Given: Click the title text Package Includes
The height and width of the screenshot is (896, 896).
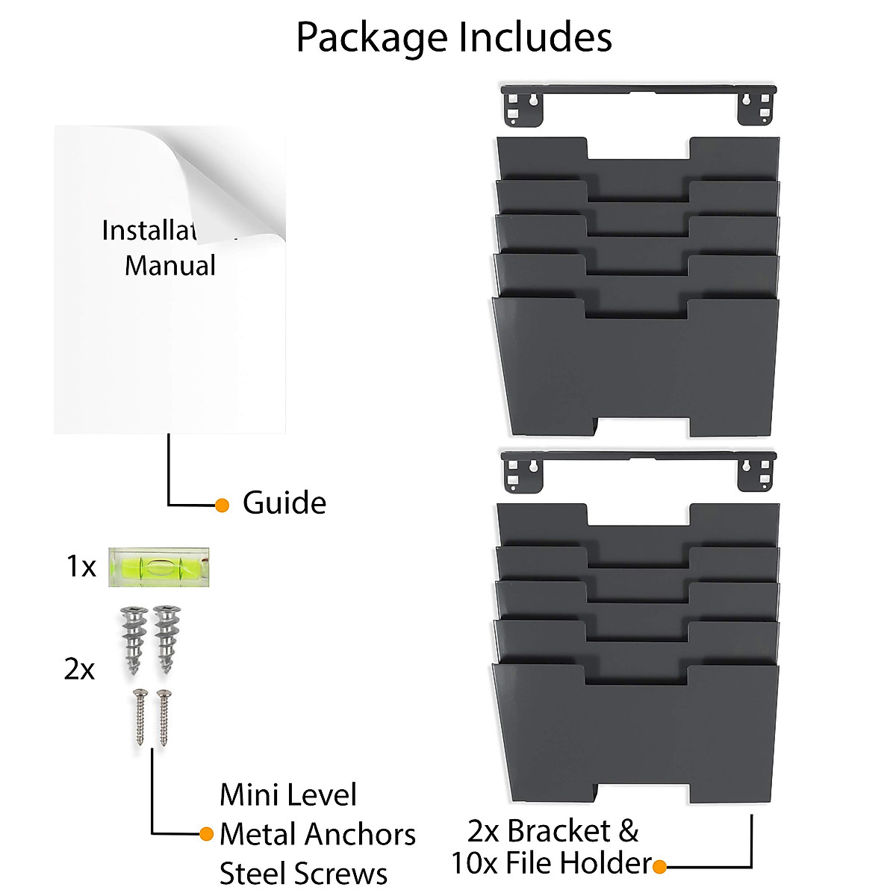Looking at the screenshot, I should [454, 37].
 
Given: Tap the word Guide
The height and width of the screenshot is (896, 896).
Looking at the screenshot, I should [284, 503].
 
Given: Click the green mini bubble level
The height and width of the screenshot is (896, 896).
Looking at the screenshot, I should [158, 567].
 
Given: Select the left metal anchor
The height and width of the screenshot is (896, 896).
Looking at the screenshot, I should [132, 639].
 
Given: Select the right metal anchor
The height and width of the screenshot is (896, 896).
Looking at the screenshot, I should [164, 639].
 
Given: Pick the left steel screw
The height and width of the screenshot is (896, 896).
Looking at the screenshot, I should [139, 717].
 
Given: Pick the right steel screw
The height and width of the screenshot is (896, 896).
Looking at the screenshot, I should [163, 717].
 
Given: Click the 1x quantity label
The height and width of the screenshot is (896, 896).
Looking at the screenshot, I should [81, 567].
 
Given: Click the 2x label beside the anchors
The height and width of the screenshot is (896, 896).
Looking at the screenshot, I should [79, 669].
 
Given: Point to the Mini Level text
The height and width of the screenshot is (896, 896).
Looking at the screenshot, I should [288, 795].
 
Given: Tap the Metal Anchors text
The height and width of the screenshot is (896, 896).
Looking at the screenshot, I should [317, 834].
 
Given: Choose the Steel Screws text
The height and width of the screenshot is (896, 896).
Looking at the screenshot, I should [303, 874].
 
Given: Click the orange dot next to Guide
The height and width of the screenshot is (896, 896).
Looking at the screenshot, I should [222, 505].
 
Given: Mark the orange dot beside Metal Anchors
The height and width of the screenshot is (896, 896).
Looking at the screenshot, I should [207, 834].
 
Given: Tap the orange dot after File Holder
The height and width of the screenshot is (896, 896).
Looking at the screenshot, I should [659, 867].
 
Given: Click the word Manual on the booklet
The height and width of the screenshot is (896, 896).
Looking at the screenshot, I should [170, 266].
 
